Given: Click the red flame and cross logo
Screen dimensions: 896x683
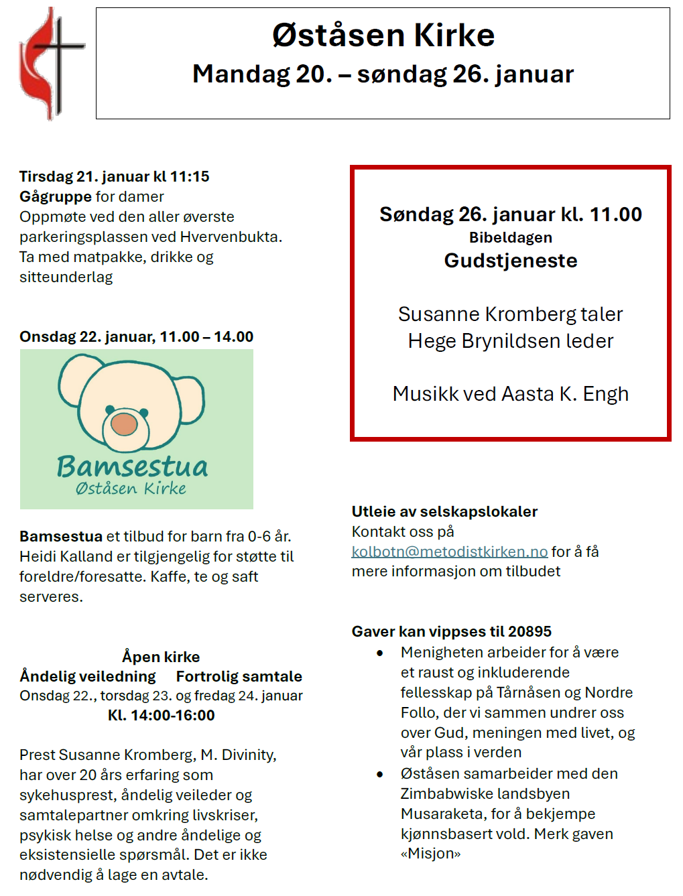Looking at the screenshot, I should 50,64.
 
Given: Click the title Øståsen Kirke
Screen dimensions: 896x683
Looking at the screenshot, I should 383,36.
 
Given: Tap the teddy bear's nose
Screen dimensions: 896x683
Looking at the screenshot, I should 125,424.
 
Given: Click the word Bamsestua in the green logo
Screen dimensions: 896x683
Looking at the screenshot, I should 132,466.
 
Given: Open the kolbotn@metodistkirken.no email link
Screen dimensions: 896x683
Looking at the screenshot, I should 449,552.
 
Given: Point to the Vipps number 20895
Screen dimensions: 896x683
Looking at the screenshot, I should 530,631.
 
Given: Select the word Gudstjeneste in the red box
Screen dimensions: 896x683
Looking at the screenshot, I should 510,261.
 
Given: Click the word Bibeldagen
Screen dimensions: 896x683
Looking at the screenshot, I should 510,237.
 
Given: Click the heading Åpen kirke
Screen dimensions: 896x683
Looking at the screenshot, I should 161,657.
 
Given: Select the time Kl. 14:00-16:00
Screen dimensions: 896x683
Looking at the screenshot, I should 161,715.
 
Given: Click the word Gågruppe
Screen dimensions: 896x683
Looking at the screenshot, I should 55,196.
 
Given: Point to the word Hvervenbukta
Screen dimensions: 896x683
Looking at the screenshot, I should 231,237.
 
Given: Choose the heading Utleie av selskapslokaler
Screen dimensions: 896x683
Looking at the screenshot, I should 444,511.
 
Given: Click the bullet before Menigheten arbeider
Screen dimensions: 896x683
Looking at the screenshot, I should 380,653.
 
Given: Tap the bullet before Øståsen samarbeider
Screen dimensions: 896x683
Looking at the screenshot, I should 380,774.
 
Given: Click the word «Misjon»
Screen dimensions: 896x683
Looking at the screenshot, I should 430,854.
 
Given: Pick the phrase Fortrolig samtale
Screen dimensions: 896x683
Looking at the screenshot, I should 239,676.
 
